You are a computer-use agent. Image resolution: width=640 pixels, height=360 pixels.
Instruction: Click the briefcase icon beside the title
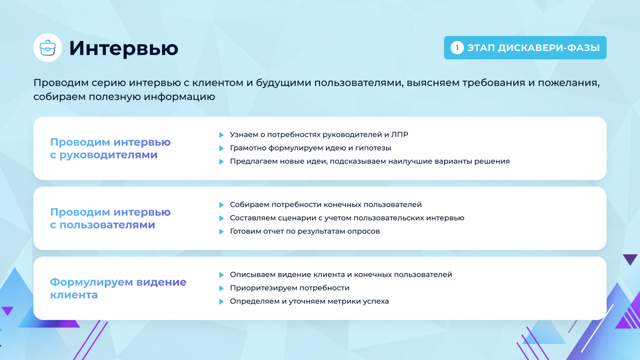pos(48,48)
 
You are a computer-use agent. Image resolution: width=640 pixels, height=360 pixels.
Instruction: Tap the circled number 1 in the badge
pos(457,48)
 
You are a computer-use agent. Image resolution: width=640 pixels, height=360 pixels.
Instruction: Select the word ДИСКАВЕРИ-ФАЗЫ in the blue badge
pos(548,48)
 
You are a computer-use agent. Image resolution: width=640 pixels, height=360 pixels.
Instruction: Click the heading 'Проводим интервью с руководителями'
pos(110,148)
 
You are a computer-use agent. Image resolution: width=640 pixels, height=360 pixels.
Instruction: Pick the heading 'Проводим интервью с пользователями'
pos(110,218)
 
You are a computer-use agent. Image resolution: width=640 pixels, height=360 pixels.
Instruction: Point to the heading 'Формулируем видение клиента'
pos(118,288)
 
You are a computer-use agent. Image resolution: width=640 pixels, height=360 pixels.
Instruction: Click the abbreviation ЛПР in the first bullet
pos(400,134)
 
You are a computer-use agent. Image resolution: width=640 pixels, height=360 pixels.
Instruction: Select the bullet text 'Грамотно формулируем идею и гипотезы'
pos(310,148)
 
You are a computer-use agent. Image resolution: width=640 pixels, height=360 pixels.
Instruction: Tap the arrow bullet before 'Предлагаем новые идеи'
pos(222,162)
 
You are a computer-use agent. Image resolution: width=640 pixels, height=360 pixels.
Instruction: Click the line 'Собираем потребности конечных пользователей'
pos(326,204)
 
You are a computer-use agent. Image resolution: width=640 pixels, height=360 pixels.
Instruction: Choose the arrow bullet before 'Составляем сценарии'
pos(222,218)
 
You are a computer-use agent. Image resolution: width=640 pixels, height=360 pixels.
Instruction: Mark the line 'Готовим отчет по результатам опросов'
pos(305,232)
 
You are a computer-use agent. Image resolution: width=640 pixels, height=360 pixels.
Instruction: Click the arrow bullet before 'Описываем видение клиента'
pos(222,275)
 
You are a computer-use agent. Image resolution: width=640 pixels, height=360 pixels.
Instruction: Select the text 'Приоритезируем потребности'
pos(290,288)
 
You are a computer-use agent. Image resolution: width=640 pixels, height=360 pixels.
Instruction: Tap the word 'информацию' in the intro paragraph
pos(180,97)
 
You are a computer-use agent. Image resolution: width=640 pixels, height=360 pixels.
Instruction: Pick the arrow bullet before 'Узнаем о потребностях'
pos(222,135)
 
